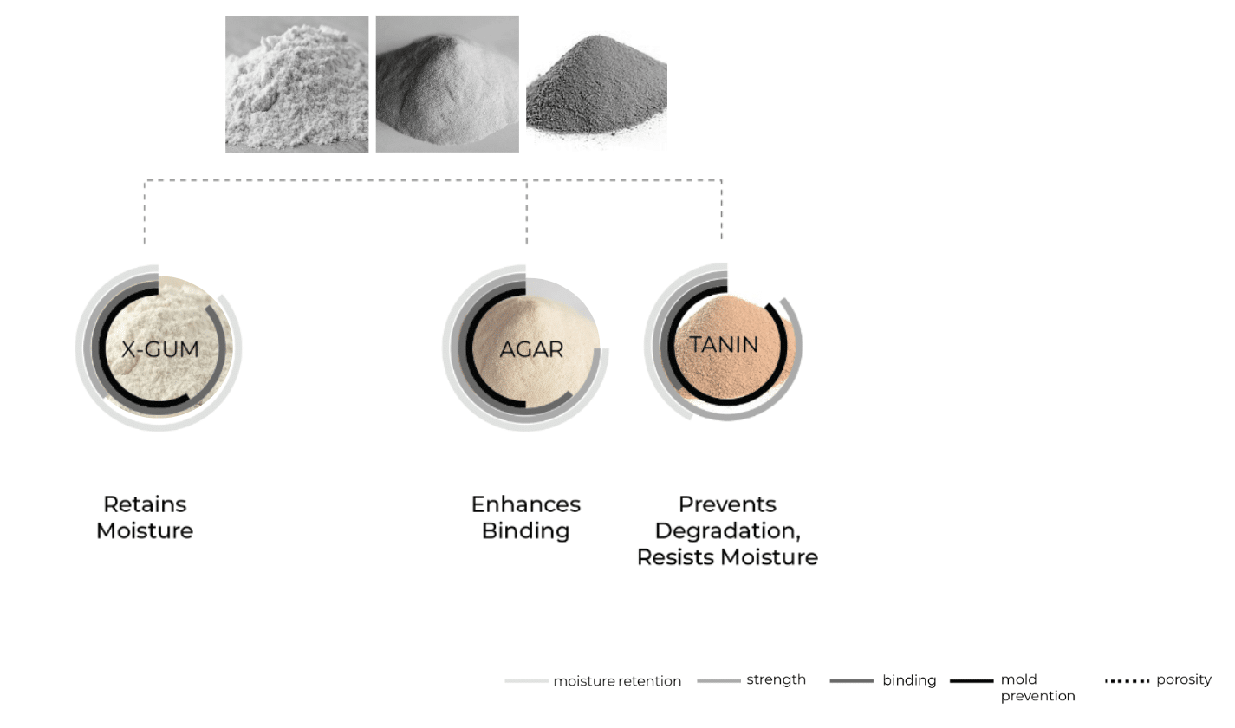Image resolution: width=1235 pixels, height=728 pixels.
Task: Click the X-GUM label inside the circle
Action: tap(159, 349)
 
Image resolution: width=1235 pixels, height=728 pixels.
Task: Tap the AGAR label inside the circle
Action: tap(531, 349)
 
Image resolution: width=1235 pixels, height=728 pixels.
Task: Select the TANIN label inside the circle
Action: tap(725, 345)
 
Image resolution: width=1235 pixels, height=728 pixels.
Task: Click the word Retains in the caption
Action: tap(145, 504)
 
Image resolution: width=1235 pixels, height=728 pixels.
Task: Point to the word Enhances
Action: tap(526, 504)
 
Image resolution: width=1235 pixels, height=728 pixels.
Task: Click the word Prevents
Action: tap(727, 504)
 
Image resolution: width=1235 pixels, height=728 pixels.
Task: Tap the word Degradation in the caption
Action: tap(725, 530)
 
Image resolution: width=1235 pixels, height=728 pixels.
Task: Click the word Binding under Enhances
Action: tap(525, 530)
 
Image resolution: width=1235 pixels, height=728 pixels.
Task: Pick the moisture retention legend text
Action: tap(617, 681)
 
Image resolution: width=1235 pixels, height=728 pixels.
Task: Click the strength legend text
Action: tap(776, 680)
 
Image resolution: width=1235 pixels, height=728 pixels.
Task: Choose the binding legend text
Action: tap(909, 680)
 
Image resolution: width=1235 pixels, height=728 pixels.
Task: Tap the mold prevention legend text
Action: tap(1037, 687)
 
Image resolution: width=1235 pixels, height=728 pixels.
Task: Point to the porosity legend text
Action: tap(1184, 680)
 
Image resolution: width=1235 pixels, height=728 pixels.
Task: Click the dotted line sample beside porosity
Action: tap(1127, 681)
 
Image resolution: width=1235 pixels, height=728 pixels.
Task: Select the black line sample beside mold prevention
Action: tap(972, 681)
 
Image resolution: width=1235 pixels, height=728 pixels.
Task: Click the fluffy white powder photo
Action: tap(296, 84)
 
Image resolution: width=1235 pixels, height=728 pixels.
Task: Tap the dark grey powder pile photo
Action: tap(596, 88)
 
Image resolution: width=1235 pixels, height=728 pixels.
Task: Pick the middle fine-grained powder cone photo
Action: tap(447, 84)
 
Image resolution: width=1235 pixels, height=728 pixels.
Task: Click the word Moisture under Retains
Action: tap(145, 530)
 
